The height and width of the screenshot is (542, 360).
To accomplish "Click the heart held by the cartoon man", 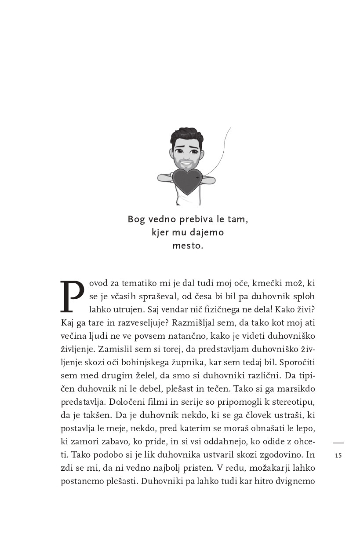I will [187, 181].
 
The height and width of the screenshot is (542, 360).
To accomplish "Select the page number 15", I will [338, 455].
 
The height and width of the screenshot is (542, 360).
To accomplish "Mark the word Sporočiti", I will [297, 364].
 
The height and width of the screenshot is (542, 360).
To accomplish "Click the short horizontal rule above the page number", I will [338, 443].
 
